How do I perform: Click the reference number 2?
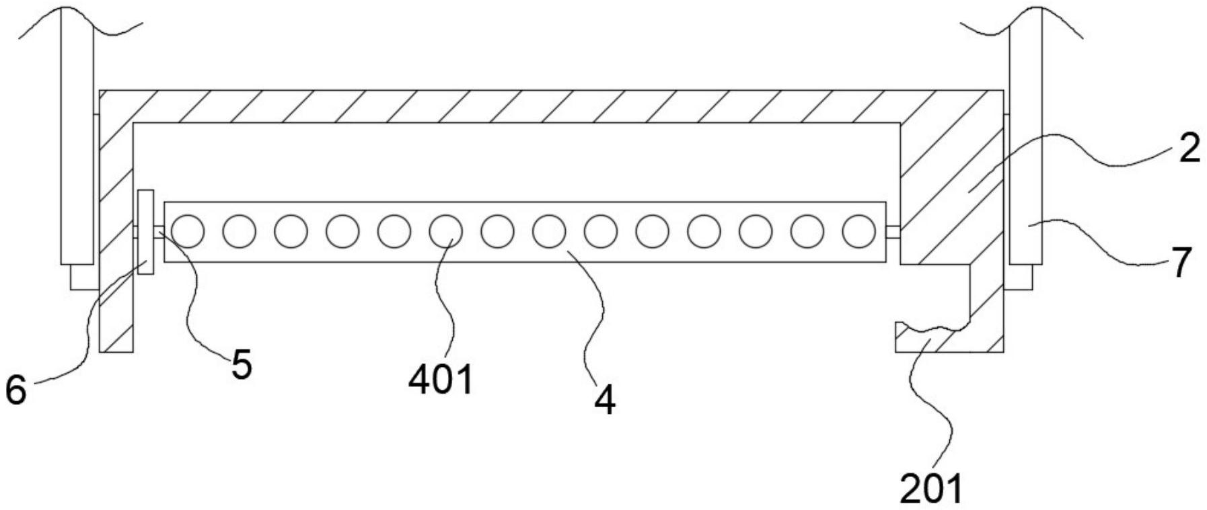point(1189,148)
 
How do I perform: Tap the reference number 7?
point(1181,262)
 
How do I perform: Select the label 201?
point(931,488)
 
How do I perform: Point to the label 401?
point(441,380)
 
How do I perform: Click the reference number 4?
point(604,401)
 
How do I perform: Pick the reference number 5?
point(241,365)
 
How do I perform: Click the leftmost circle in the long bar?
point(188,231)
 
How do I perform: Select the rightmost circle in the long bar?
point(858,231)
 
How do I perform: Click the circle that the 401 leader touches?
point(445,231)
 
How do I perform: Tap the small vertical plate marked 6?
point(145,231)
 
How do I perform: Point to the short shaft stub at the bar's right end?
point(893,232)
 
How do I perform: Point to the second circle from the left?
point(239,231)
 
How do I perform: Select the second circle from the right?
point(807,231)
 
